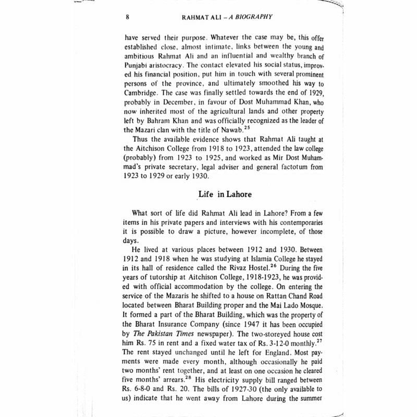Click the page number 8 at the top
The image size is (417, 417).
pos(128,16)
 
